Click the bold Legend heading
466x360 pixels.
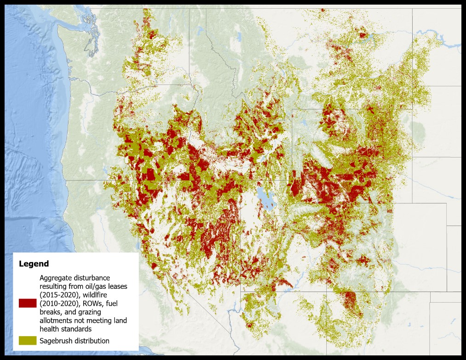34,264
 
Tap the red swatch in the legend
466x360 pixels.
28,303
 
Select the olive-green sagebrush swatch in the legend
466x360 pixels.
28,340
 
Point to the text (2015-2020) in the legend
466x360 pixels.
58,295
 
